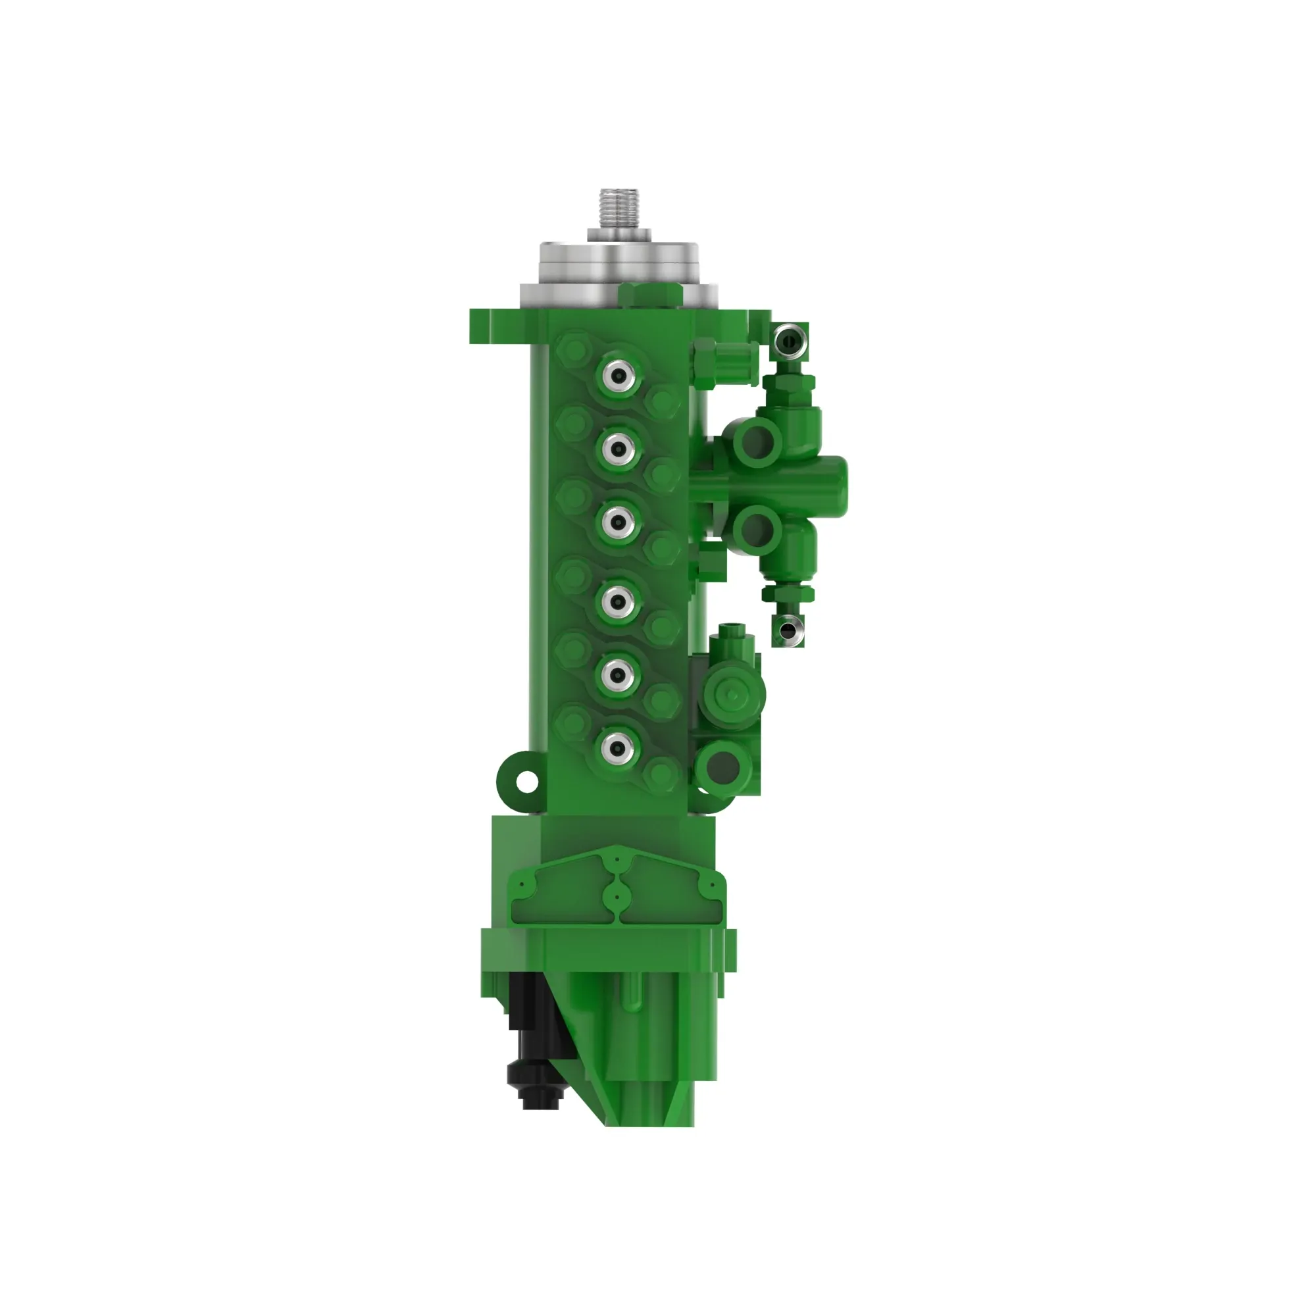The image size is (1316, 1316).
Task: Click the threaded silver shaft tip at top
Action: pos(619,209)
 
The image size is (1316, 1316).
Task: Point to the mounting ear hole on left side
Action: pos(526,782)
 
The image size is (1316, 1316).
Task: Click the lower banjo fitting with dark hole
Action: pos(788,630)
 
